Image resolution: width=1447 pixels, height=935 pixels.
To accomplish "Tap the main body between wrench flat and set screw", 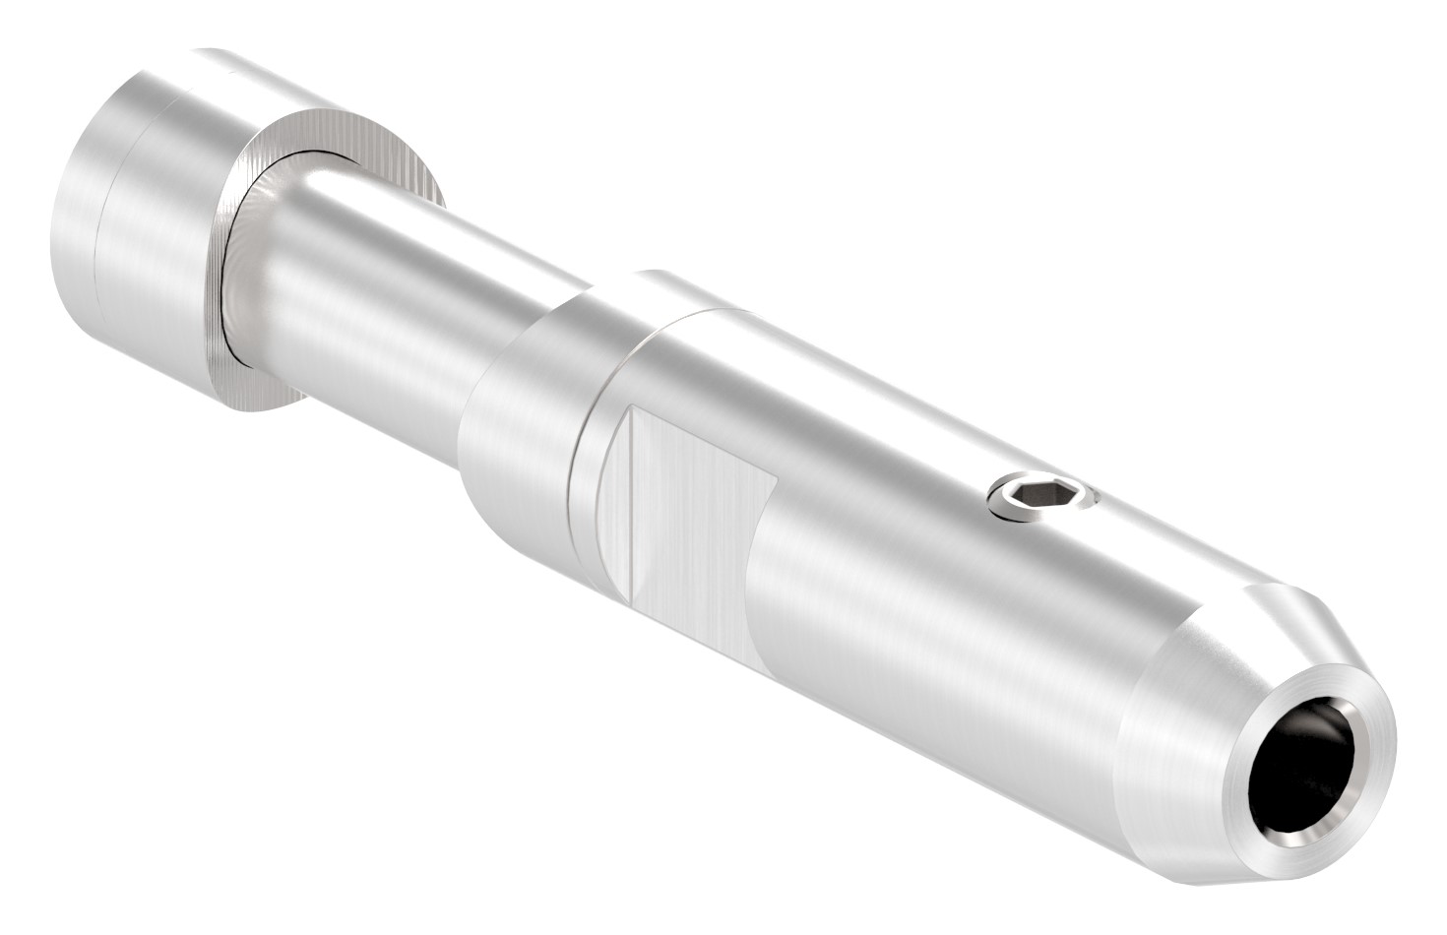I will click(886, 522).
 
